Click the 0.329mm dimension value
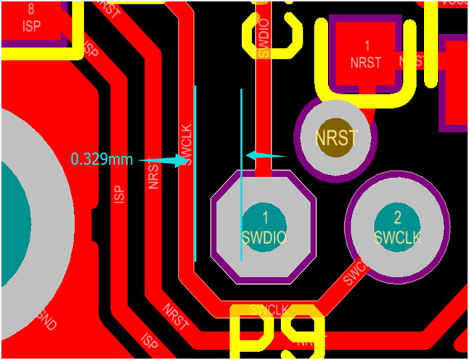pyautogui.click(x=102, y=159)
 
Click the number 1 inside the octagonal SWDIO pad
pyautogui.click(x=265, y=217)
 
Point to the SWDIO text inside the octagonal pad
pyautogui.click(x=265, y=236)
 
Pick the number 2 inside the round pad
pyautogui.click(x=396, y=218)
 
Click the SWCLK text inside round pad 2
pyautogui.click(x=397, y=237)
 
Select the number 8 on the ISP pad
pyautogui.click(x=30, y=10)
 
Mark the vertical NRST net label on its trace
pyautogui.click(x=154, y=174)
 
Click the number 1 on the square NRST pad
pyautogui.click(x=367, y=45)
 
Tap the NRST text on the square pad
pyautogui.click(x=366, y=62)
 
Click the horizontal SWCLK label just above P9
pyautogui.click(x=269, y=310)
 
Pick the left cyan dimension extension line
pyautogui.click(x=195, y=174)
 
